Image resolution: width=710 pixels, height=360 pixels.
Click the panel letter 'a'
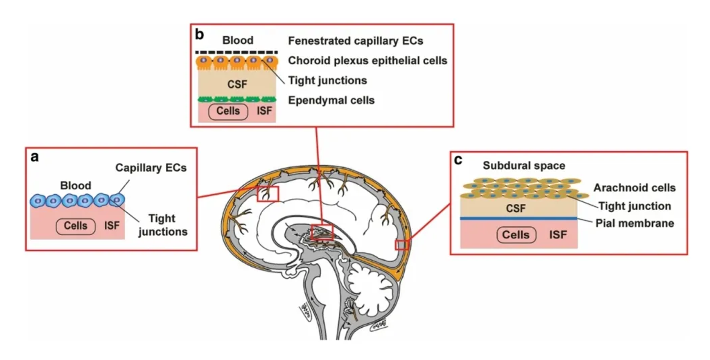tap(35, 157)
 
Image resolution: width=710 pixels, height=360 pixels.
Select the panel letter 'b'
tap(199, 34)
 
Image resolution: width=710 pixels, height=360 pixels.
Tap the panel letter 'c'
tap(458, 160)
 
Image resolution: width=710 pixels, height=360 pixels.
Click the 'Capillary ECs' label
tap(151, 168)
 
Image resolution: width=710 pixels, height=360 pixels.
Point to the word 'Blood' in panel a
tap(75, 185)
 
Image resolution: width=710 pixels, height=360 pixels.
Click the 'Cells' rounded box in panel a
tap(76, 226)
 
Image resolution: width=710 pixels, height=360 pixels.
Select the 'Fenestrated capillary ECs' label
tap(355, 41)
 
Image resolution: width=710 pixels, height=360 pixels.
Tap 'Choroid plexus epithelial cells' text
tap(367, 61)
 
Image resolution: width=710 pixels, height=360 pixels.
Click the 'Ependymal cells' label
tap(331, 100)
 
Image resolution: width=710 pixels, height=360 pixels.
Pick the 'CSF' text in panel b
tap(237, 84)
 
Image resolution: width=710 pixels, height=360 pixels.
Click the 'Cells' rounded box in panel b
tap(228, 111)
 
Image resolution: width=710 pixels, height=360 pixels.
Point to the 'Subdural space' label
tap(524, 166)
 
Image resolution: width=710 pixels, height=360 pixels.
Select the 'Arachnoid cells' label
tap(634, 188)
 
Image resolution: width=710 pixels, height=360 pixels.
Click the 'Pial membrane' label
tap(634, 223)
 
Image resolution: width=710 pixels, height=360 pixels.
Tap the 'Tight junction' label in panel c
tap(634, 206)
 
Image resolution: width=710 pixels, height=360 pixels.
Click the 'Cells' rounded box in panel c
tap(516, 235)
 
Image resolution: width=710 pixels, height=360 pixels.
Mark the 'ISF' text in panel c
tap(558, 235)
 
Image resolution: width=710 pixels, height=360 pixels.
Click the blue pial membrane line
tap(518, 219)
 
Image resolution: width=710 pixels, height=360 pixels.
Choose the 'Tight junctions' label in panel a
tap(162, 225)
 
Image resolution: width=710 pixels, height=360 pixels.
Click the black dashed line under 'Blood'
tap(237, 52)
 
